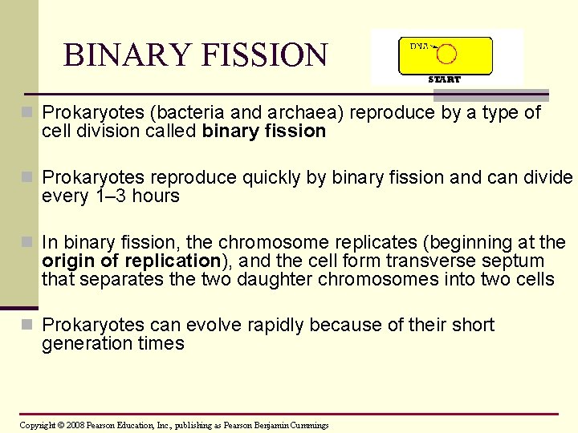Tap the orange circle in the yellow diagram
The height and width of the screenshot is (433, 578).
point(446,54)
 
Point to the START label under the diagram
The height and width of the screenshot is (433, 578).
point(444,79)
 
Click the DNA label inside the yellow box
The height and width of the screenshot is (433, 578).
point(420,46)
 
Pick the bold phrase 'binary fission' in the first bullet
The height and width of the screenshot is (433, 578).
point(264,132)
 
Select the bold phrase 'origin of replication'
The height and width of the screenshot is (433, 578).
point(131,261)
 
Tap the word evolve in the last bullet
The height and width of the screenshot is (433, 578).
point(212,325)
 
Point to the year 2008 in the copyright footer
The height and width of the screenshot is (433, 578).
point(75,425)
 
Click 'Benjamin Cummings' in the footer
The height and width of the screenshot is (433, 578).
point(292,425)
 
